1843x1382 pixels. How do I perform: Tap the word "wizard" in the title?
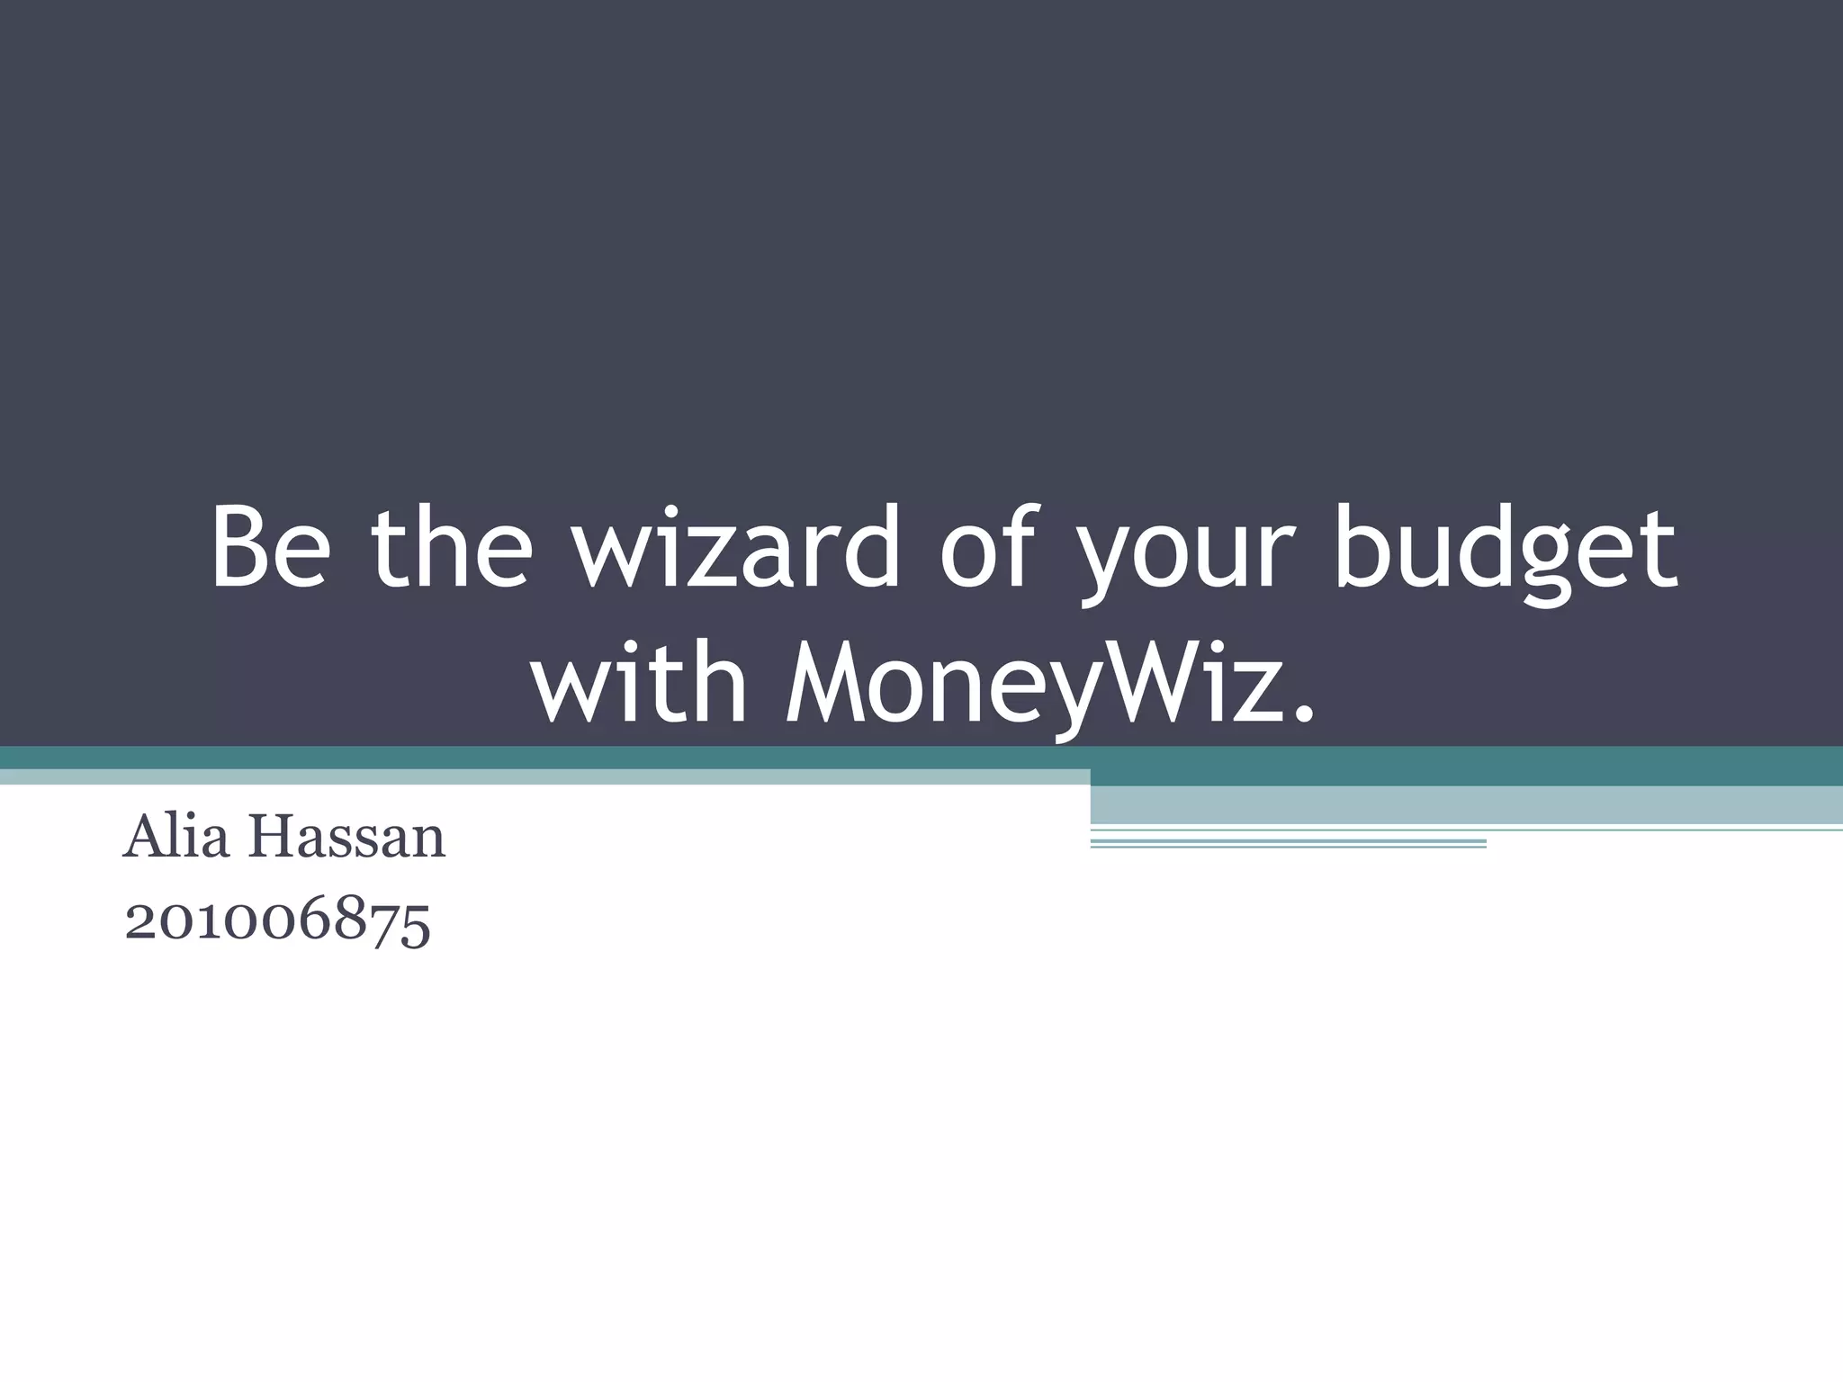tap(737, 546)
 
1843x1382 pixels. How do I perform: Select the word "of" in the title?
tap(987, 546)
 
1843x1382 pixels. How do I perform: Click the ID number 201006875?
tap(277, 922)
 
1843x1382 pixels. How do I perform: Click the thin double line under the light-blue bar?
tap(1288, 843)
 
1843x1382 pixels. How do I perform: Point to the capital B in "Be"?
tap(240, 546)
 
